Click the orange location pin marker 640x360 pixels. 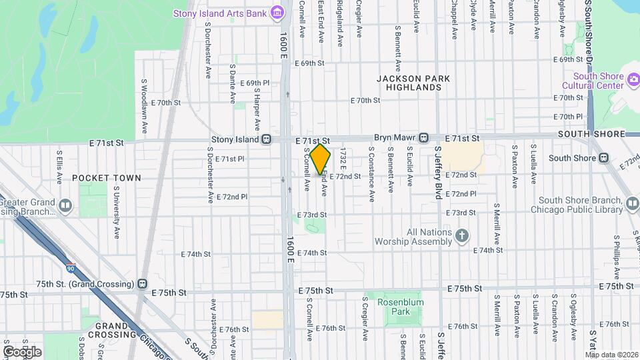point(321,159)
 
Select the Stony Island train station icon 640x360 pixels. point(267,139)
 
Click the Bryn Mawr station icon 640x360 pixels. point(423,137)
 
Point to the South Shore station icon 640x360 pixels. point(603,158)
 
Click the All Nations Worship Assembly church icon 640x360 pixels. point(461,235)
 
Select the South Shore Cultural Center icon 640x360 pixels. point(633,80)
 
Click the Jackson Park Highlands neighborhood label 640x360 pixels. point(413,83)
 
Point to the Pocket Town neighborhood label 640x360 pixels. point(107,178)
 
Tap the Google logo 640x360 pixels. point(21,351)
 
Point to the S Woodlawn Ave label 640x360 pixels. point(144,105)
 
